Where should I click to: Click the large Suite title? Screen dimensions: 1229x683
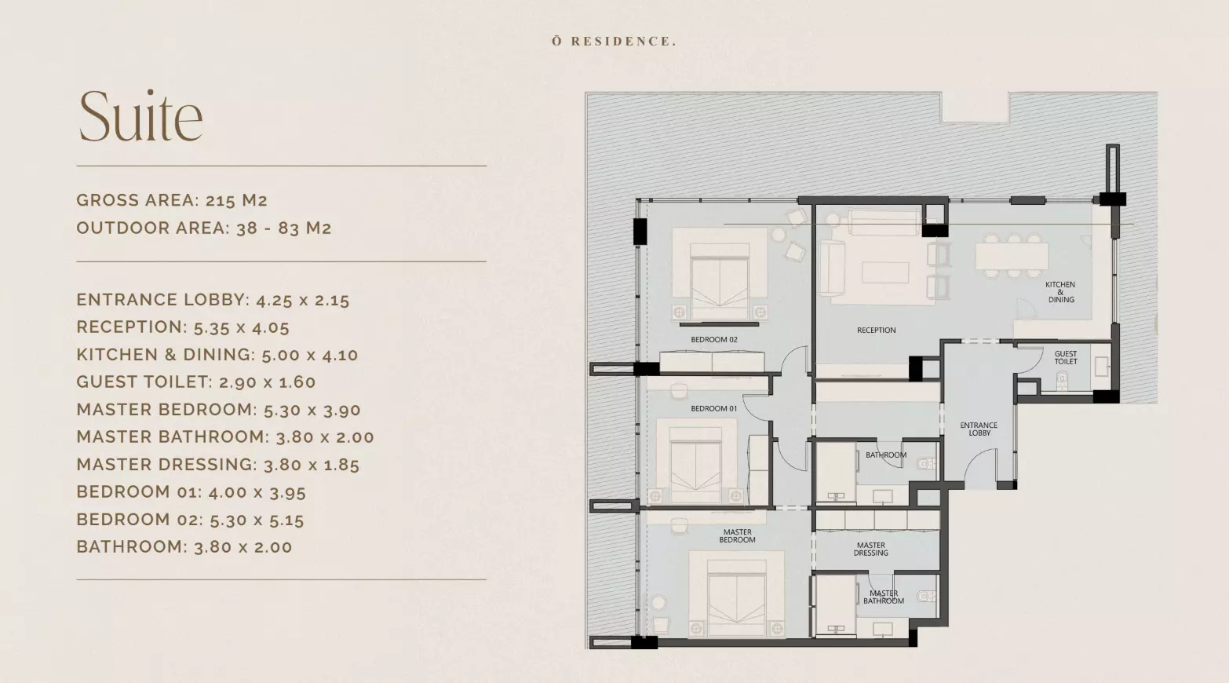(141, 116)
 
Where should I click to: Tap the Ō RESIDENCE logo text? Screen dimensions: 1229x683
(614, 41)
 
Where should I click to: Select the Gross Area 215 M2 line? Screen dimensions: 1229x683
(172, 200)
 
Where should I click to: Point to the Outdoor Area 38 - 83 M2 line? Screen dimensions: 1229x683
(204, 228)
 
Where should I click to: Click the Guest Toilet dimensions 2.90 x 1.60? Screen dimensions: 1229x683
(196, 382)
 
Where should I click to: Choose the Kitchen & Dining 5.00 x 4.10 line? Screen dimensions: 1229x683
(217, 355)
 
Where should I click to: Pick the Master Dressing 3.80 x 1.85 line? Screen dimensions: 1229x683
(218, 465)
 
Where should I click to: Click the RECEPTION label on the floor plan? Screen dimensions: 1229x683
(876, 330)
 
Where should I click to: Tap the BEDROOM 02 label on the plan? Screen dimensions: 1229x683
(714, 339)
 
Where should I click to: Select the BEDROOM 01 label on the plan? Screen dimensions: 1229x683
(714, 408)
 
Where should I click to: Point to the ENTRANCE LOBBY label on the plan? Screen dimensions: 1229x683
(979, 429)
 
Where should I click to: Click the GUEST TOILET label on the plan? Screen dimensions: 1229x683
(1066, 357)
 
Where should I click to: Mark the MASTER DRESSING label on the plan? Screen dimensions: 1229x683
(870, 549)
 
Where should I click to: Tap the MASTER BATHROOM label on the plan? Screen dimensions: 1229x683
(884, 597)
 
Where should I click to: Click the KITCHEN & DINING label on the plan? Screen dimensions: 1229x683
(1060, 292)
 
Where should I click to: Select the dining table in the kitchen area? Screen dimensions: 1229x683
(1012, 256)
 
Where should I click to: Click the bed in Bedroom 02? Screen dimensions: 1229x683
(720, 281)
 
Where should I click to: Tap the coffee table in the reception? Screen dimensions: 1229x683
(885, 272)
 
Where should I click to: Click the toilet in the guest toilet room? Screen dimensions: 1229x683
(1062, 379)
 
